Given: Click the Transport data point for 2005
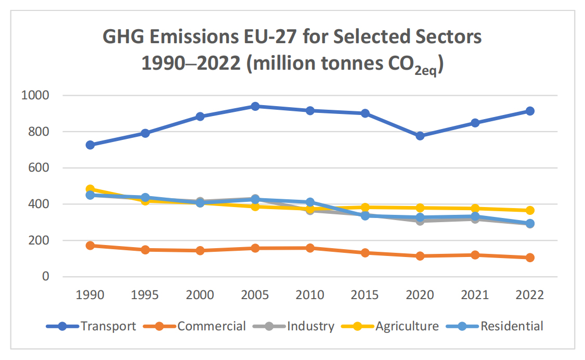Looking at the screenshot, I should [x=255, y=106].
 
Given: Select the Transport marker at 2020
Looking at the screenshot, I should [x=420, y=136].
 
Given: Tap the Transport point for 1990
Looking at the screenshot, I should [x=90, y=145].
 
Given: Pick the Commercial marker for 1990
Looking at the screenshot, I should [x=90, y=245].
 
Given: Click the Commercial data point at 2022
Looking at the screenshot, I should [x=530, y=258].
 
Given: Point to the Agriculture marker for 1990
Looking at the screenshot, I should [x=90, y=189].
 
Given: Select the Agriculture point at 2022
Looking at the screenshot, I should [x=530, y=210].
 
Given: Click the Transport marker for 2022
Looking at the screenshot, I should [x=530, y=111].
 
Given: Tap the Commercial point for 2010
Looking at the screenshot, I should [x=310, y=248].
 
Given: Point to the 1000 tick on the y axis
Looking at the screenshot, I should [x=34, y=95].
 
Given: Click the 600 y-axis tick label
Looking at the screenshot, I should [x=38, y=168].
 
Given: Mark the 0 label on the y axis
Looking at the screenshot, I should [x=46, y=276].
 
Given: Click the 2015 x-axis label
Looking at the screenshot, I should [x=365, y=295].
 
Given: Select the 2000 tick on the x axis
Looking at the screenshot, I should [x=200, y=295].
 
